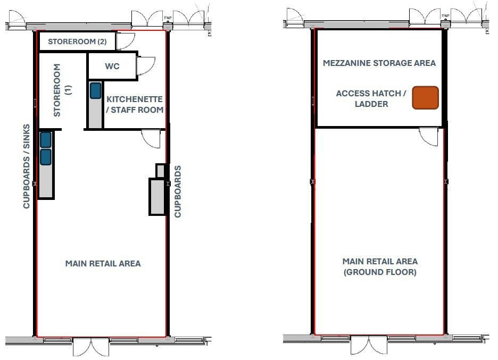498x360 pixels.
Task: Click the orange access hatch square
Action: click(x=425, y=98)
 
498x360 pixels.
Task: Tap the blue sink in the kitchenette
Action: click(x=95, y=90)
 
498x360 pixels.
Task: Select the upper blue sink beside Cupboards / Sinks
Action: click(x=45, y=139)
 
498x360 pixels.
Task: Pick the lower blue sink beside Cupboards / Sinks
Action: click(x=45, y=156)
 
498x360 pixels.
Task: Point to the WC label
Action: click(x=112, y=67)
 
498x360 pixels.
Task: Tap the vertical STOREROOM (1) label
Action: click(x=62, y=90)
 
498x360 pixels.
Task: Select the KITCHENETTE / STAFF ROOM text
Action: click(x=135, y=105)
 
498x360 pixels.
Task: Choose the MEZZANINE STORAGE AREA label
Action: click(x=379, y=63)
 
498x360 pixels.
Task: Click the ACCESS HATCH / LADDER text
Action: click(x=371, y=98)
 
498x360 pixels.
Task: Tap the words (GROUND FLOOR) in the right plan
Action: click(x=380, y=272)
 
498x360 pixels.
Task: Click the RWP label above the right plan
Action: click(x=445, y=16)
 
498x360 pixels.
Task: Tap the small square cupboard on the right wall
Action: click(x=161, y=171)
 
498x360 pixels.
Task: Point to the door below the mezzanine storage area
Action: click(x=429, y=136)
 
